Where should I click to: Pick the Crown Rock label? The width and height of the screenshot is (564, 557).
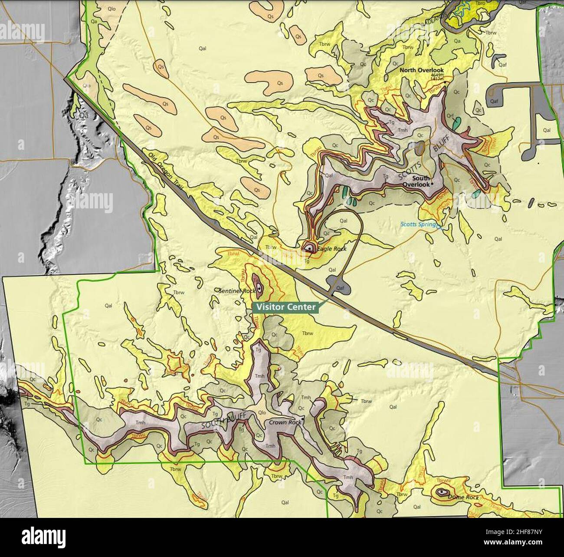click(285, 422)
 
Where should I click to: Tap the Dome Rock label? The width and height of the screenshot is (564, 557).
click(463, 497)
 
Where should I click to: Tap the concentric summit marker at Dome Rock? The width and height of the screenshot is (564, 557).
click(442, 492)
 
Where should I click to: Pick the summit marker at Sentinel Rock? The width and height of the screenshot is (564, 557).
click(259, 287)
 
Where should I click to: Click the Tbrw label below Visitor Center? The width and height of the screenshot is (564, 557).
click(307, 333)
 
